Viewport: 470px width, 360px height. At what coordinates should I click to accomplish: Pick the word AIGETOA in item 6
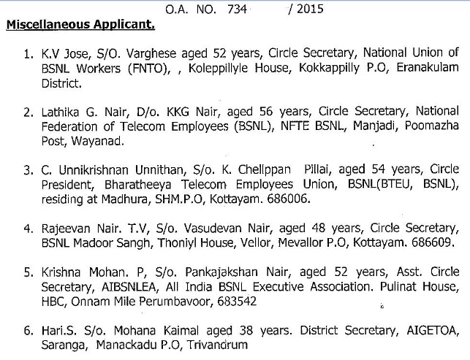(435, 329)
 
